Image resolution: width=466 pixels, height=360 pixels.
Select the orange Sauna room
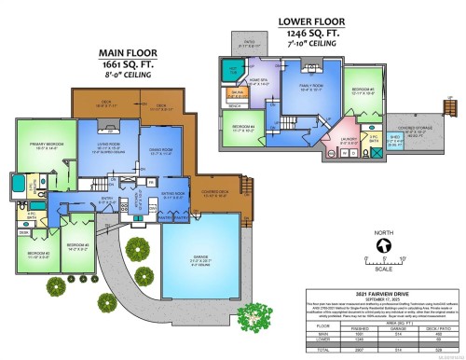(x=238, y=93)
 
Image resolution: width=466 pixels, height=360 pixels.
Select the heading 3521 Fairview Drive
(x=376, y=293)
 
